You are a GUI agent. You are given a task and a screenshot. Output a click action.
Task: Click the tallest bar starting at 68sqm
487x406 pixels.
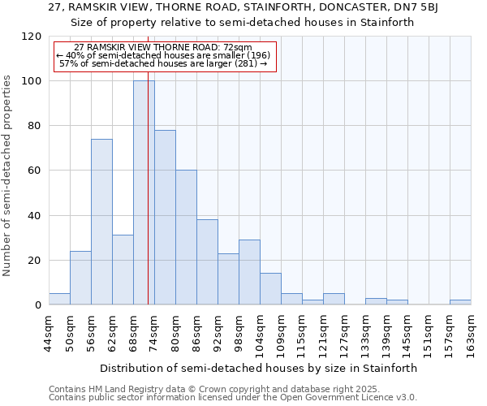point(144,192)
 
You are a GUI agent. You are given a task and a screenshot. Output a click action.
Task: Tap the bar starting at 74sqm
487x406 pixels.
point(165,217)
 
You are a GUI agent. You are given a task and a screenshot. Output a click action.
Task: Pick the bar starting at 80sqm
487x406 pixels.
point(186,237)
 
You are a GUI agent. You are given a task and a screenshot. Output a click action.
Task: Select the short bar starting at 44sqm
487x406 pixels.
point(59,299)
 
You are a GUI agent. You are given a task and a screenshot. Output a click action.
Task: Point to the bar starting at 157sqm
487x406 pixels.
point(460,302)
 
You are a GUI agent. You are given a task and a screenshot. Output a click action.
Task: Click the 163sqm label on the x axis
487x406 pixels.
point(472,333)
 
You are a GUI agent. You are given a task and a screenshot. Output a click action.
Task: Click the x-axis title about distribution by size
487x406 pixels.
point(260,368)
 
